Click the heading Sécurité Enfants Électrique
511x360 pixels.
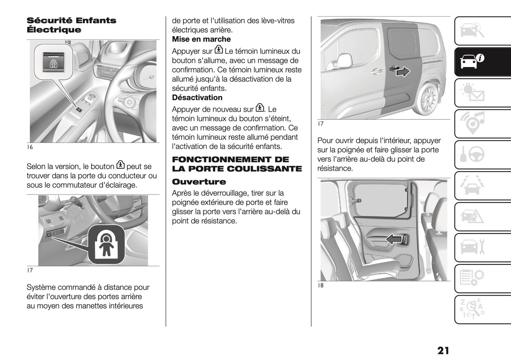click(x=71, y=25)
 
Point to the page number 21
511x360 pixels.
click(x=443, y=350)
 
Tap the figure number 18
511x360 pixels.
click(x=320, y=285)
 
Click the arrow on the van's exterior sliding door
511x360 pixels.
click(x=402, y=71)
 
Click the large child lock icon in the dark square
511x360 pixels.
click(x=106, y=244)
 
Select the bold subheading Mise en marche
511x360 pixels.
click(x=201, y=39)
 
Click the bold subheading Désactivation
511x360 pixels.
click(x=197, y=98)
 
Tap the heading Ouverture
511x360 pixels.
click(x=199, y=182)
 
